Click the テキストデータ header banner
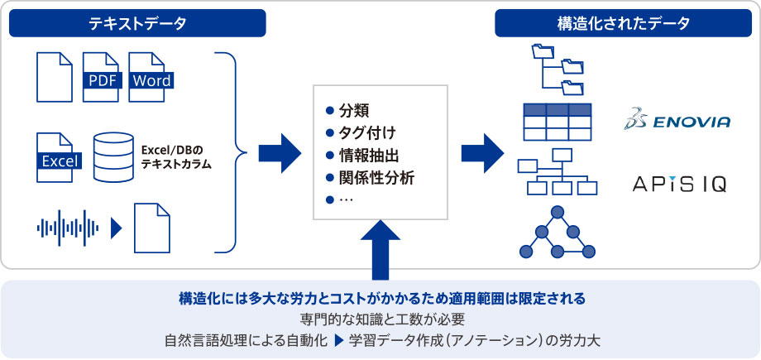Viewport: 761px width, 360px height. (x=137, y=23)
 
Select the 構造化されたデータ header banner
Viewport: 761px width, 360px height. (x=624, y=23)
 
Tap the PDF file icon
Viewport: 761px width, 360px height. (x=101, y=77)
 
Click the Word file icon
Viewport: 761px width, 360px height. (x=151, y=77)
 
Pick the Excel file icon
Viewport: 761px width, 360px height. (x=58, y=157)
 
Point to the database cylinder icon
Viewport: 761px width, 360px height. (x=113, y=157)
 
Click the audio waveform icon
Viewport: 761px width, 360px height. (x=68, y=228)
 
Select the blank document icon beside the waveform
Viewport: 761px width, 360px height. (x=152, y=228)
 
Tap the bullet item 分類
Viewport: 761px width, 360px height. (x=348, y=111)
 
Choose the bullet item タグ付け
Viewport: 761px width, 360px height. (x=361, y=133)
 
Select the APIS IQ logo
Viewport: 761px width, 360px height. (x=679, y=184)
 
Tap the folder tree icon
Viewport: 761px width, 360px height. (x=558, y=70)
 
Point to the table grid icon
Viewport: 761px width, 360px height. (x=558, y=122)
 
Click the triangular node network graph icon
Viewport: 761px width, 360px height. (x=558, y=232)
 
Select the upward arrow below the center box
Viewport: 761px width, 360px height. (x=380, y=250)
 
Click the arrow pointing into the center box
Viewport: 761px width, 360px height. (x=280, y=154)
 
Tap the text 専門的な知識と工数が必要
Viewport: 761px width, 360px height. (x=382, y=319)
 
